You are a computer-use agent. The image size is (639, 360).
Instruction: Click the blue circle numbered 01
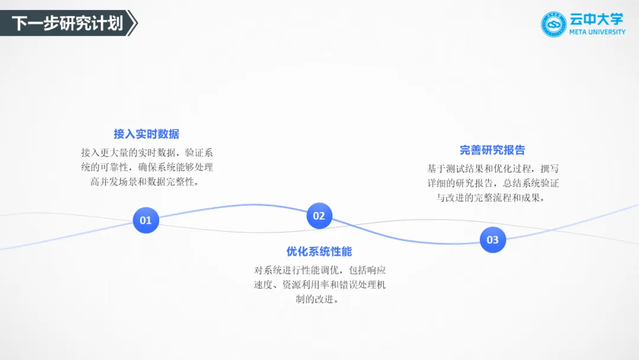click(x=146, y=220)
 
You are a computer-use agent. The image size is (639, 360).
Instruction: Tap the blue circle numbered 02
click(x=319, y=216)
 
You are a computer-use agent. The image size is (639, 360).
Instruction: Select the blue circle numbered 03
click(x=492, y=240)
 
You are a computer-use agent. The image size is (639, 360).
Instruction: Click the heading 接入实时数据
click(x=146, y=134)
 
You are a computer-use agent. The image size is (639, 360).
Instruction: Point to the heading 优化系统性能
click(x=319, y=251)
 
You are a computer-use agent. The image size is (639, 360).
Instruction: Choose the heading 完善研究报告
click(x=492, y=150)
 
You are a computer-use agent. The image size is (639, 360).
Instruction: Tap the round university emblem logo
click(x=554, y=24)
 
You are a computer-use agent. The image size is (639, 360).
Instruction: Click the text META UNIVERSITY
click(x=597, y=32)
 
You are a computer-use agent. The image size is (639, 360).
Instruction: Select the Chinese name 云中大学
click(x=596, y=19)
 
